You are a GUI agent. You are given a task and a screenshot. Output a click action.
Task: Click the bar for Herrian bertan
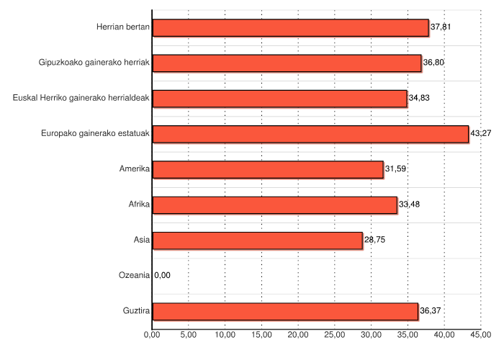291,27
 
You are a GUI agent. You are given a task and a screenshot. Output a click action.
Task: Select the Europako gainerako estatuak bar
310,134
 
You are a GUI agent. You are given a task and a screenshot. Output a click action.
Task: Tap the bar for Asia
257,240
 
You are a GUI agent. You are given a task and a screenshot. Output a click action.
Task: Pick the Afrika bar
274,205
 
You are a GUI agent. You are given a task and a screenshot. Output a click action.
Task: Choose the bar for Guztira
285,311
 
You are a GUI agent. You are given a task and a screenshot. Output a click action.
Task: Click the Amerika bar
268,169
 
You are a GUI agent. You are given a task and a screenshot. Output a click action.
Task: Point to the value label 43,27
481,134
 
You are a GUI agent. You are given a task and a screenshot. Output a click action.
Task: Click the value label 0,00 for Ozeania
163,276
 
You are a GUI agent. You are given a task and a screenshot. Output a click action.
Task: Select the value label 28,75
374,240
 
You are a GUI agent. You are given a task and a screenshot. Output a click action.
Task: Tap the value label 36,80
433,63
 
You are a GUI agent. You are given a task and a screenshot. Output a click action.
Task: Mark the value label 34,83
419,99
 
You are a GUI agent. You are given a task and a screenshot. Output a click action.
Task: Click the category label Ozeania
134,276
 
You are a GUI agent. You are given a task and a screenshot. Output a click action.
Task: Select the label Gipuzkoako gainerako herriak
94,63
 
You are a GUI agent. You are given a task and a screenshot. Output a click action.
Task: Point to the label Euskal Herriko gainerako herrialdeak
81,99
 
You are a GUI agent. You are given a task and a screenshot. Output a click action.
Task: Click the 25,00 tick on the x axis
335,335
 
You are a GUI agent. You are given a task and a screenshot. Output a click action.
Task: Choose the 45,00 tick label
481,335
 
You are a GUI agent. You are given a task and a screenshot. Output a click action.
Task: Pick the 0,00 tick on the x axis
152,335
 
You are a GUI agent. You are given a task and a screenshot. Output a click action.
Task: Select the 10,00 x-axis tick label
225,335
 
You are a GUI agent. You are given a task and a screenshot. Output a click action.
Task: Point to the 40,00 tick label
444,335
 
